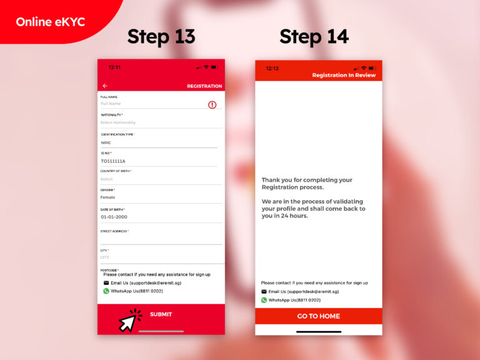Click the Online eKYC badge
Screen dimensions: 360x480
tap(50, 22)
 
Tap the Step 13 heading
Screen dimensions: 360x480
tap(161, 37)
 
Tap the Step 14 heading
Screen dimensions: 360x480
tap(314, 37)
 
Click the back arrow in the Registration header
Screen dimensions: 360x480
tap(105, 86)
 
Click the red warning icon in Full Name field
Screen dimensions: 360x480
tap(212, 104)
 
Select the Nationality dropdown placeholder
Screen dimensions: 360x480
tap(118, 122)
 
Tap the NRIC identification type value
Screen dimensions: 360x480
tap(106, 142)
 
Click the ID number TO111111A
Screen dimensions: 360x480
tap(113, 161)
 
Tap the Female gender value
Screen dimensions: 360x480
tap(108, 197)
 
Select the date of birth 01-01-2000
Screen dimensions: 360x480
tap(114, 217)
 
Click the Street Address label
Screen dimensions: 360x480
tap(114, 231)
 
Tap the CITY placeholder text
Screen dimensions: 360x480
tap(105, 257)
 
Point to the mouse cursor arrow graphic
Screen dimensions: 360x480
tap(129, 321)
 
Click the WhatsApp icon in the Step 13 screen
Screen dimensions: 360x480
tap(106, 291)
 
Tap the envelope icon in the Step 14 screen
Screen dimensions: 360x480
tap(264, 292)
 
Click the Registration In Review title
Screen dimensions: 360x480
tap(344, 75)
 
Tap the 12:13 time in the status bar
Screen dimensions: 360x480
tap(272, 68)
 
